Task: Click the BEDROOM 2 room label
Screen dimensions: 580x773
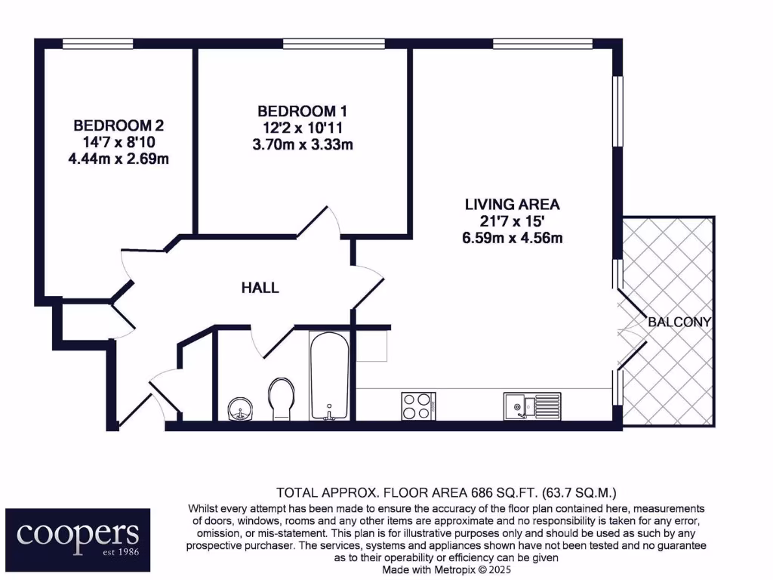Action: click(x=119, y=125)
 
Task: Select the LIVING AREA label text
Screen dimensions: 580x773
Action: click(x=513, y=204)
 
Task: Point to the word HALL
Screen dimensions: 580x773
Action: click(x=260, y=288)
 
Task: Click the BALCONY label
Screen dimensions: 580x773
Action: click(x=679, y=322)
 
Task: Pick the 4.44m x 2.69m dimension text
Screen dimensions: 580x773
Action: click(x=119, y=159)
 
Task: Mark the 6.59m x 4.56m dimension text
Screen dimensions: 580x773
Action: click(x=513, y=238)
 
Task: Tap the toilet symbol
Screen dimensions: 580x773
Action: click(x=281, y=398)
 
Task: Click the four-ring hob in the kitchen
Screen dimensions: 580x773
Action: click(x=417, y=406)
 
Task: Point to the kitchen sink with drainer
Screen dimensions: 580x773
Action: click(x=531, y=406)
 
